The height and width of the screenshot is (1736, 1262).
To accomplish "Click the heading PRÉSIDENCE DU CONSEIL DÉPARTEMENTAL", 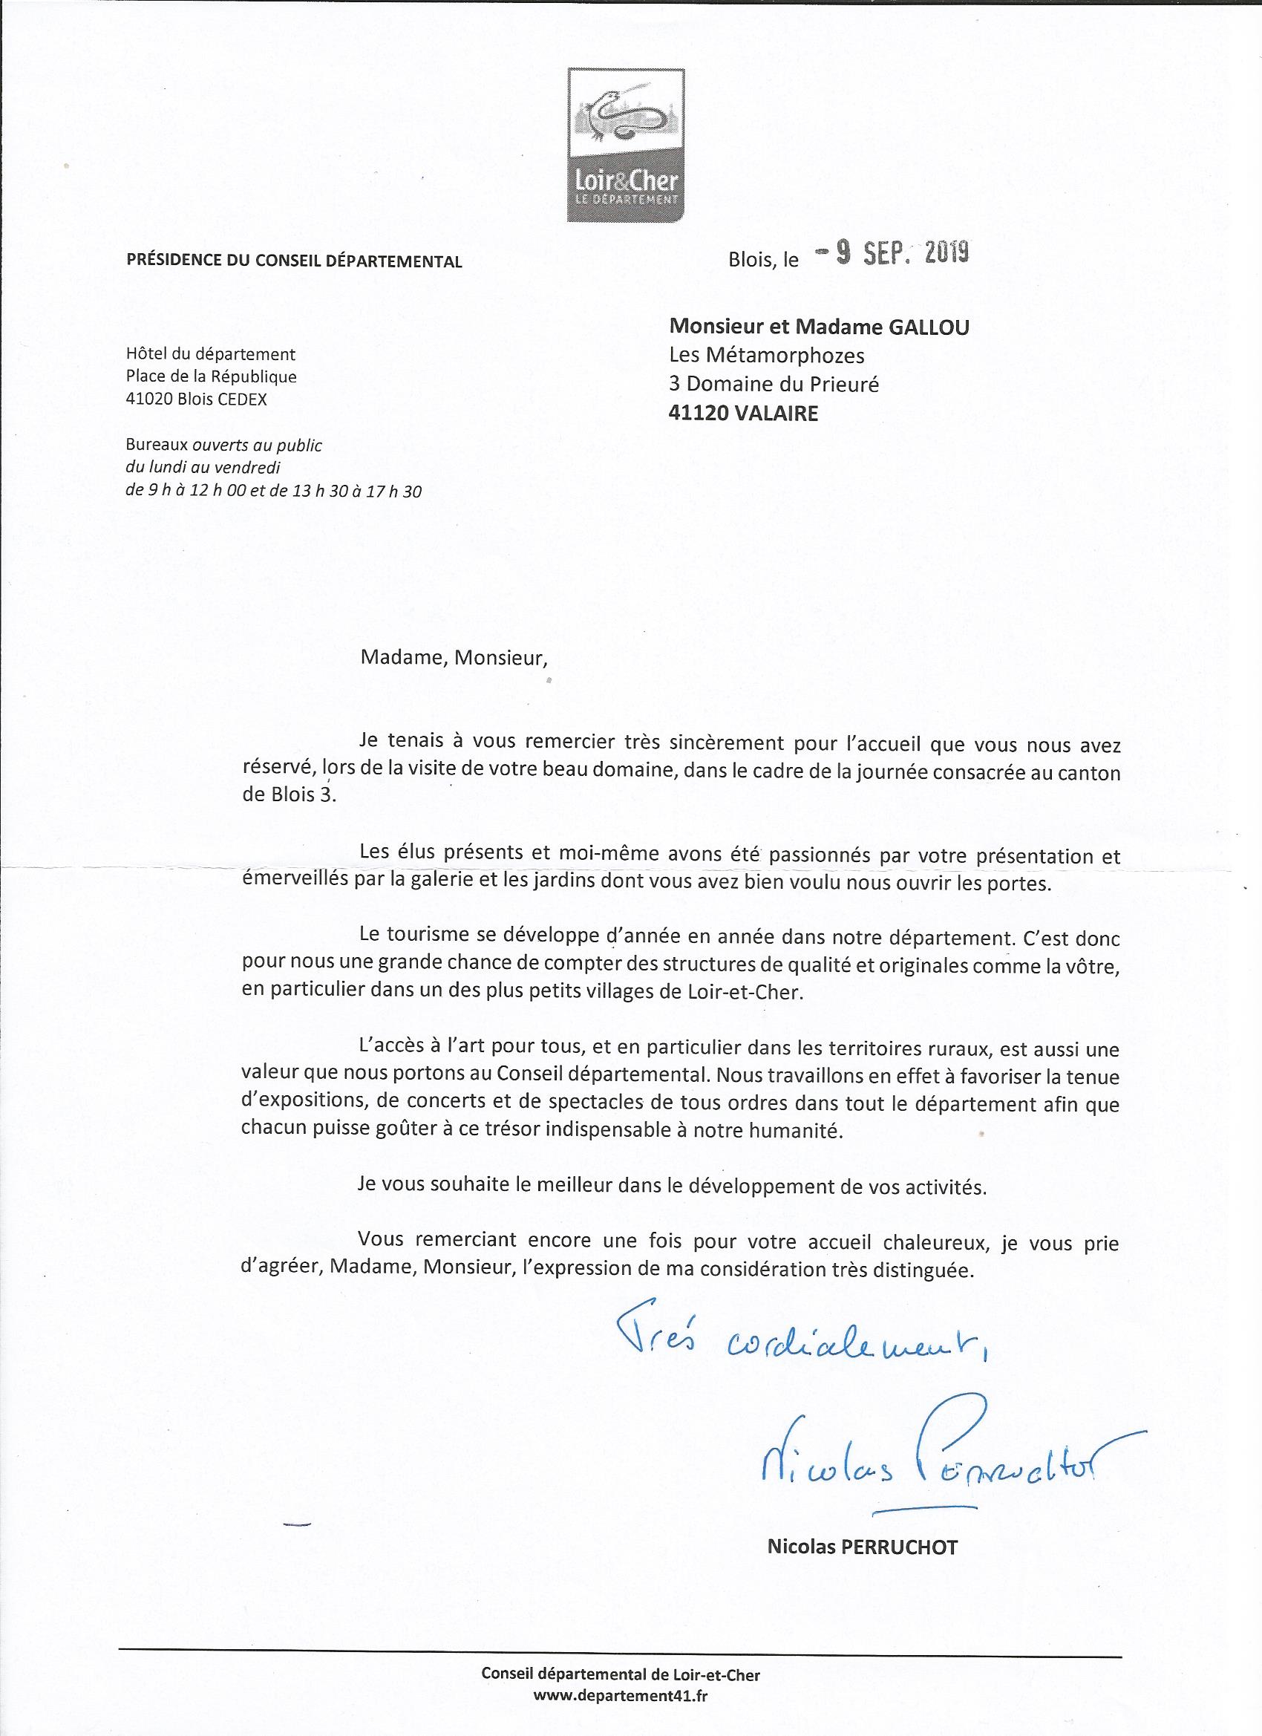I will (x=294, y=261).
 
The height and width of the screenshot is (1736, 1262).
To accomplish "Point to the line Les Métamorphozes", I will (x=766, y=356).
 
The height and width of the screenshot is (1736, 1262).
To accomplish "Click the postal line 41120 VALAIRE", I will (x=743, y=414).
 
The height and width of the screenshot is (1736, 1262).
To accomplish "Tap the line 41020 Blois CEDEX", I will (x=197, y=399).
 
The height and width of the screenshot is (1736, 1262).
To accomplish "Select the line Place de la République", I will (x=212, y=376).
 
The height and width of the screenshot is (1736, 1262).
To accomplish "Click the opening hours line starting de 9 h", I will (x=273, y=492).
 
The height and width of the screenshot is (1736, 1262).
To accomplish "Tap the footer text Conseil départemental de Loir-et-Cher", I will (x=621, y=1668).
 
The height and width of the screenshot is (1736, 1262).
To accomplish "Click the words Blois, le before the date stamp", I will (x=763, y=260).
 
